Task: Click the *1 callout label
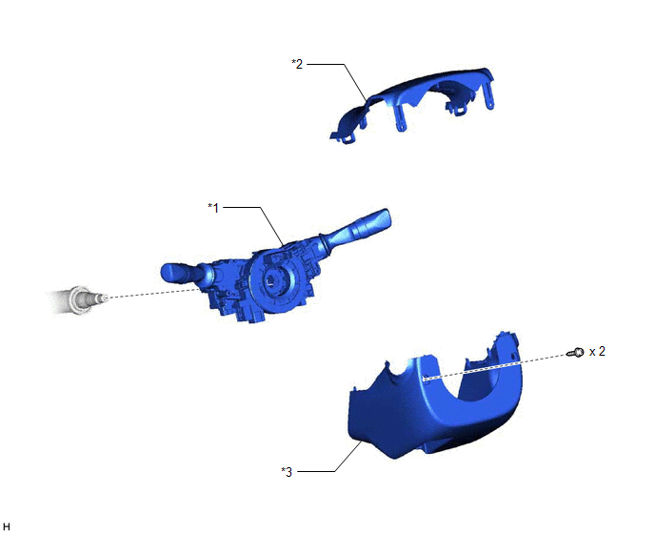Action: [213, 208]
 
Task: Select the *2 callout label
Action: [297, 64]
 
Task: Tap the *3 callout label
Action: [287, 472]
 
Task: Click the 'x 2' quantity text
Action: [597, 352]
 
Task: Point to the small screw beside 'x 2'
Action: [576, 353]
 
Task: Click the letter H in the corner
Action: [7, 527]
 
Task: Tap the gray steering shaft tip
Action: [102, 298]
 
